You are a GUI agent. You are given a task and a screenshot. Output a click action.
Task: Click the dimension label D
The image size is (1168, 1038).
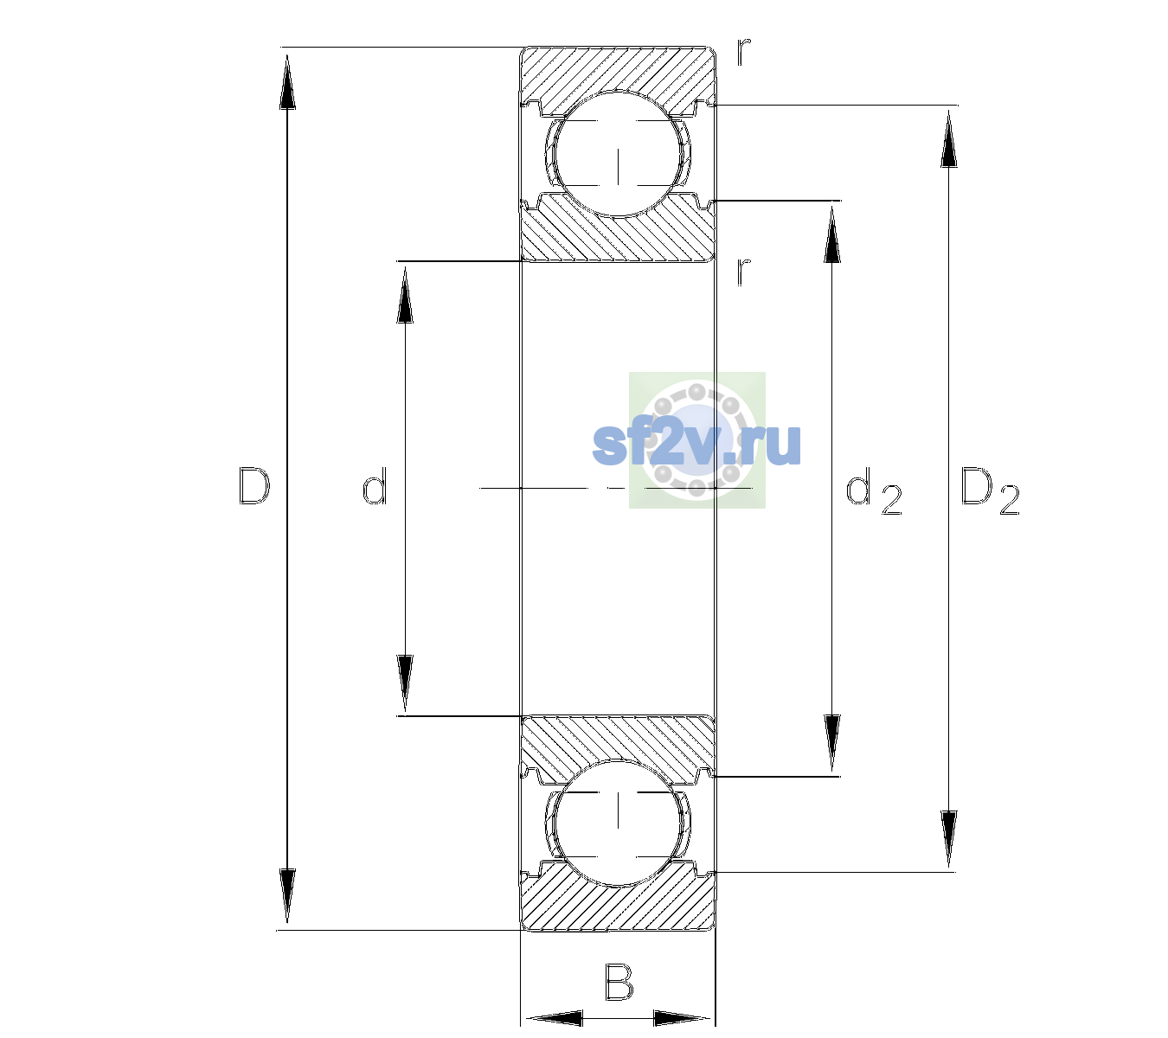tap(254, 486)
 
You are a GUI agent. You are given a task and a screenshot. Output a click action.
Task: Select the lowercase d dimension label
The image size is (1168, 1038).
tap(375, 485)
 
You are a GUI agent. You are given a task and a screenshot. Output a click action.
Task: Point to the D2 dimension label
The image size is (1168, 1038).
tap(990, 491)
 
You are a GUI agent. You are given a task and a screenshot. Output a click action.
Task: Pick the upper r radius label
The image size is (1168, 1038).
tap(744, 52)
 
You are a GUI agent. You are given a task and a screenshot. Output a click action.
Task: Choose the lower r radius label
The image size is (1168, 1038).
tap(744, 272)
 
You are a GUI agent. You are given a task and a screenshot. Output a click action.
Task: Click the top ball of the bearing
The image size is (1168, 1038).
tap(618, 155)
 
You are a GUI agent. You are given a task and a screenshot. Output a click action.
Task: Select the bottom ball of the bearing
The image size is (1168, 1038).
tap(618, 822)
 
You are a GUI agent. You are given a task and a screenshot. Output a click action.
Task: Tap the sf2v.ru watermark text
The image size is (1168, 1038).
tap(696, 444)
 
